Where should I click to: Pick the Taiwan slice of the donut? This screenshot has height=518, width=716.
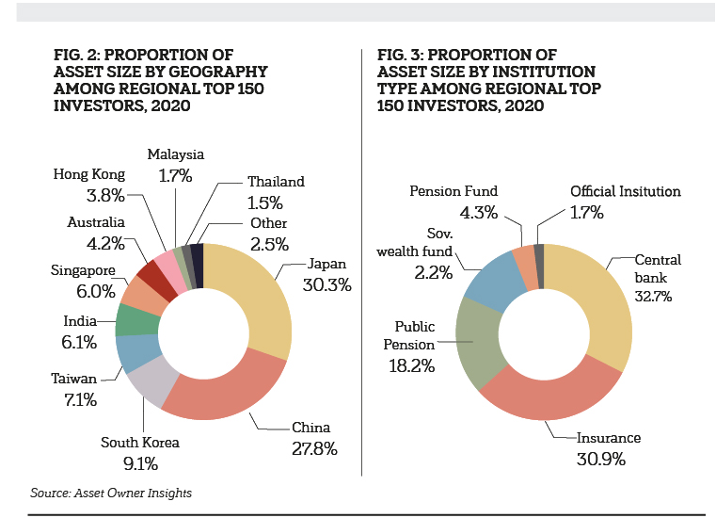130,352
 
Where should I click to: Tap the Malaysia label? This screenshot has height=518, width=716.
176,154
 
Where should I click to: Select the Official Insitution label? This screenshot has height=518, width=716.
626,191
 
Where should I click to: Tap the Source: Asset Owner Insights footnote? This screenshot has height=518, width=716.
103,493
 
